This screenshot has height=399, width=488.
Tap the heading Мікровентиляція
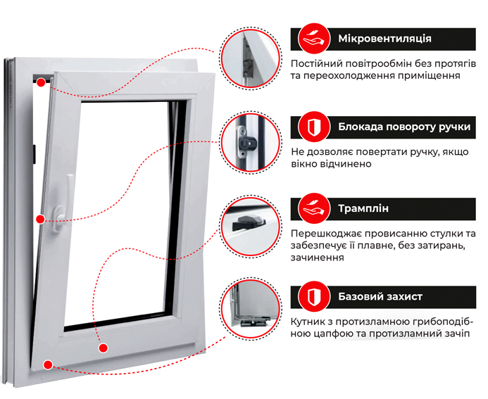pyautogui.click(x=384, y=39)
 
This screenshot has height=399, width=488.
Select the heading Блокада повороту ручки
pyautogui.click(x=404, y=127)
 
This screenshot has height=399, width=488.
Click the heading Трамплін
pyautogui.click(x=363, y=208)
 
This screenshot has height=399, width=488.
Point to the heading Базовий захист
pyautogui.click(x=380, y=296)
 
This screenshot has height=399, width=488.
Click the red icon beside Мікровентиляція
pyautogui.click(x=314, y=39)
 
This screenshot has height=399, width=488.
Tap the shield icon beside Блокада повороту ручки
pyautogui.click(x=314, y=127)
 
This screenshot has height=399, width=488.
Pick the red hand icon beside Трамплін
pyautogui.click(x=314, y=209)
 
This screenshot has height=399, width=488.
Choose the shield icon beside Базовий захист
pyautogui.click(x=314, y=297)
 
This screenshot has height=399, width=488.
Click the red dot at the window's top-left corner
pyautogui.click(x=41, y=82)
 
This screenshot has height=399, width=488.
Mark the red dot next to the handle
pyautogui.click(x=40, y=220)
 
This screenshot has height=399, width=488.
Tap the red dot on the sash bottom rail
pyautogui.click(x=104, y=348)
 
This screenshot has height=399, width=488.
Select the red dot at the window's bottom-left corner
pyautogui.click(x=48, y=365)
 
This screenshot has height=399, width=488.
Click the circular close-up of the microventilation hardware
pyautogui.click(x=251, y=58)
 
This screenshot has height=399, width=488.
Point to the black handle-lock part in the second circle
pyautogui.click(x=247, y=144)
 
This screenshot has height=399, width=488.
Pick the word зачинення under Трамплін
pyautogui.click(x=318, y=258)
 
